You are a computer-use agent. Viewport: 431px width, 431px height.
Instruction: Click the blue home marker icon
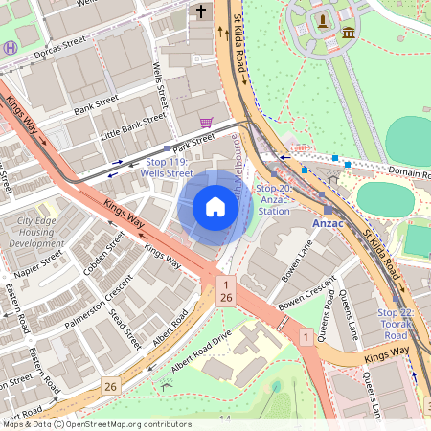tap(215, 207)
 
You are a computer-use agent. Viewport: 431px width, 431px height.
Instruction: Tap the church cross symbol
tap(201, 11)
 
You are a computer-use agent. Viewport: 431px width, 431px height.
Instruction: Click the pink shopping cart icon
tap(207, 123)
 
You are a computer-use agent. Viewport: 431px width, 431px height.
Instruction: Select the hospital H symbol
tap(10, 46)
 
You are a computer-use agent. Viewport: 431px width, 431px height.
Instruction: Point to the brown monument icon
tap(324, 19)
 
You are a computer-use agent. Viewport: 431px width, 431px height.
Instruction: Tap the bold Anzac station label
tap(328, 222)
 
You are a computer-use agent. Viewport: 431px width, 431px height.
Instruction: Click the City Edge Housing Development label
tap(36, 233)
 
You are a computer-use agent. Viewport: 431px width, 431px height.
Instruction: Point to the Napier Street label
tap(38, 262)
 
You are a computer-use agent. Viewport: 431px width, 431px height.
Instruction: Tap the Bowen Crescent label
tap(306, 297)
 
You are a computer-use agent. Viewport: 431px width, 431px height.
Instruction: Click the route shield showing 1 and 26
tap(225, 292)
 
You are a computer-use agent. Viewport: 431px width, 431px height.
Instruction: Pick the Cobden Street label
tap(103, 253)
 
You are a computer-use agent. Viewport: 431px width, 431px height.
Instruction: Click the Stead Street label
tap(125, 328)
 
